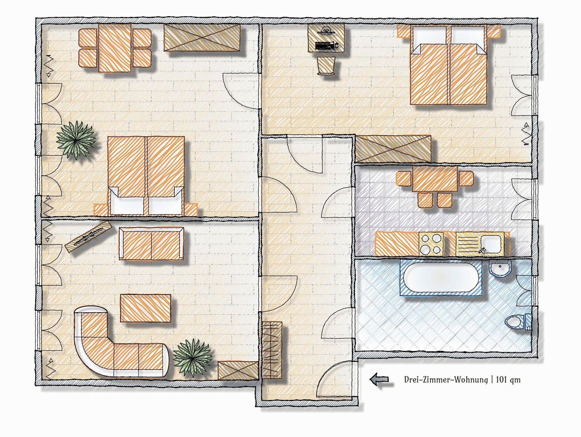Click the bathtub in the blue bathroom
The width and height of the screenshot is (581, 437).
coord(441,277)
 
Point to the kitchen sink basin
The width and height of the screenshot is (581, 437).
coord(492,243)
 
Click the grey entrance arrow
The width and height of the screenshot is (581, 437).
coord(379,379)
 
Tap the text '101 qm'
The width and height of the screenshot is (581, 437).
coord(508,380)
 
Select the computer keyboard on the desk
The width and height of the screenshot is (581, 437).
coord(325,45)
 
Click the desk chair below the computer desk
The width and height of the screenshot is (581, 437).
coord(326,66)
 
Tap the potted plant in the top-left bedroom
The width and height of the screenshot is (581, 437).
coord(76,140)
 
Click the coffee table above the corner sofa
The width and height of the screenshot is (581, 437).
coord(146,308)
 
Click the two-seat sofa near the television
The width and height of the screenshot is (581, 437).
coord(151,243)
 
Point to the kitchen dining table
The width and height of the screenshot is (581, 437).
coord(435,179)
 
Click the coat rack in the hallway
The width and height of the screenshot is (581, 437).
coord(272,350)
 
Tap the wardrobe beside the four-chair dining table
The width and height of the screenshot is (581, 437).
coord(202,38)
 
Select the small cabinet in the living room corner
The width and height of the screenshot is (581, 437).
coord(238,370)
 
